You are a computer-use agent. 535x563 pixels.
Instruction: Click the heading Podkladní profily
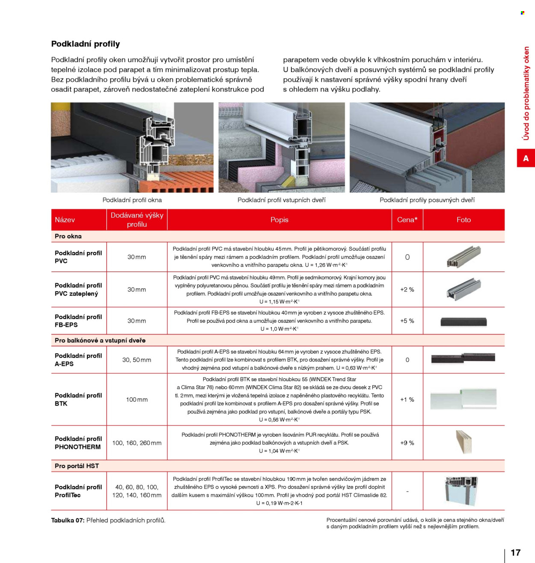(86, 44)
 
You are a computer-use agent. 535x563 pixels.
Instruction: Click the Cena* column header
(407, 219)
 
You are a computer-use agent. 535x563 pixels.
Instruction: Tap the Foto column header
(464, 219)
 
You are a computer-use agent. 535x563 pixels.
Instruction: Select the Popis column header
(279, 219)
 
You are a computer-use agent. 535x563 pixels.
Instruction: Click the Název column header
(65, 219)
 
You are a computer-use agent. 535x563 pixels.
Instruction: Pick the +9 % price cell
(407, 443)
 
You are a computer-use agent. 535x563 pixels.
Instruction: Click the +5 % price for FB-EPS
(407, 321)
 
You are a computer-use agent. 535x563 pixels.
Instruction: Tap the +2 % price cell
(407, 290)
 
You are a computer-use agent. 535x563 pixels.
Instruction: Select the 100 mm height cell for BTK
(137, 400)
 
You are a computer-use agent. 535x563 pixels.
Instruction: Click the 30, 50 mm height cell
(137, 360)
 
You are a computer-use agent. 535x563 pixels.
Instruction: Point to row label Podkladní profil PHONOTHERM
(78, 443)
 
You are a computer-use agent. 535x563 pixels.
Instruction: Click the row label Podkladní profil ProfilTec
(78, 491)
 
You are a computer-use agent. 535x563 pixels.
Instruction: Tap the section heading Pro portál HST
(77, 466)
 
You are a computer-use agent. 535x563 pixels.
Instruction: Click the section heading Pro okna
(68, 236)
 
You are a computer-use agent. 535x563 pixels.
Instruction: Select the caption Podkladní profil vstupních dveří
(281, 200)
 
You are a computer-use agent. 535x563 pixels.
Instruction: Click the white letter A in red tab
(526, 158)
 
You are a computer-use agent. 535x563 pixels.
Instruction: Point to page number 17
(515, 552)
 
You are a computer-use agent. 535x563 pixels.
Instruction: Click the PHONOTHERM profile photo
(464, 442)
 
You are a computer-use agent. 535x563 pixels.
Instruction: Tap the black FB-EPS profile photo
(464, 322)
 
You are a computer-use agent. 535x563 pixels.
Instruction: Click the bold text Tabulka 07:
(68, 520)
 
